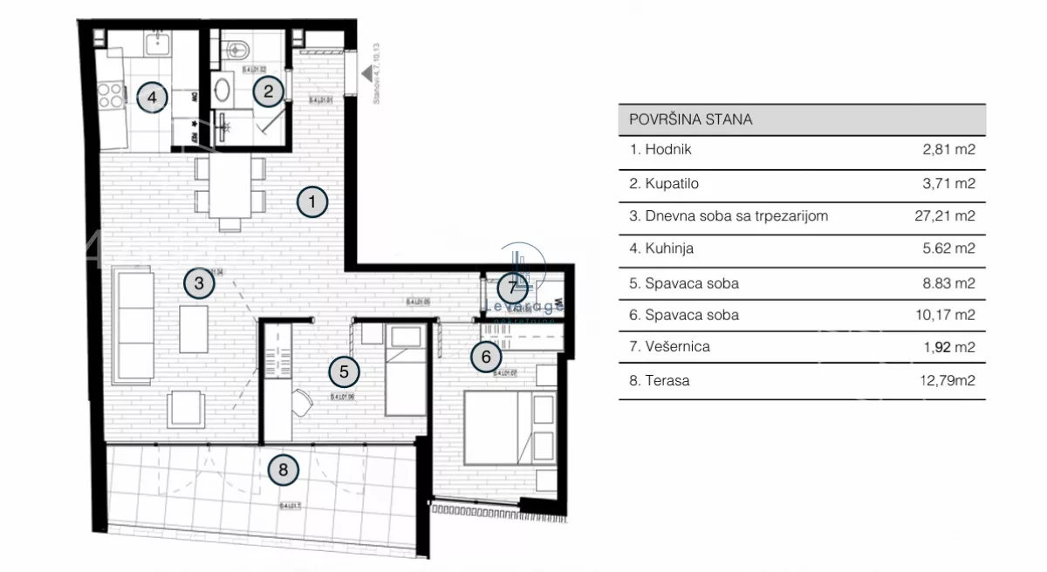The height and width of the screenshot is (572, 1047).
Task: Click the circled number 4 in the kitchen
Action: (152, 97)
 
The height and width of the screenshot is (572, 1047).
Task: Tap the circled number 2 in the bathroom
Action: (269, 90)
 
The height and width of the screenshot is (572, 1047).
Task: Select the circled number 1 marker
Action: (312, 202)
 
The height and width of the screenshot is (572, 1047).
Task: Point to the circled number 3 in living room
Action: (199, 283)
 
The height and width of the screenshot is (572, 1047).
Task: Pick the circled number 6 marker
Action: (486, 356)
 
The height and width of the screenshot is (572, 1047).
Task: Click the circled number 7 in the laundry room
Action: (513, 286)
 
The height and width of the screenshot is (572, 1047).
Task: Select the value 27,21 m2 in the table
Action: (948, 215)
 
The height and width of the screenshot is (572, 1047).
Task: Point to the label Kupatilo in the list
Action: (672, 183)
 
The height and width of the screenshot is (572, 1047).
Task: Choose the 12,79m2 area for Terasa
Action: (949, 380)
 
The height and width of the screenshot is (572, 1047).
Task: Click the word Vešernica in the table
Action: (677, 346)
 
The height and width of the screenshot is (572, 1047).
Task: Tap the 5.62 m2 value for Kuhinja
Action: (949, 249)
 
